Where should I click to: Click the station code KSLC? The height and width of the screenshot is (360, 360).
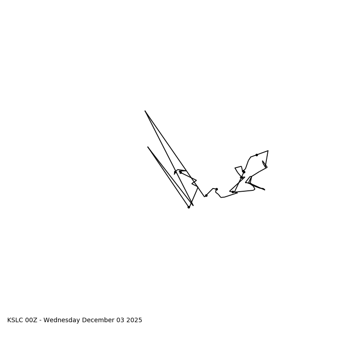[15, 320]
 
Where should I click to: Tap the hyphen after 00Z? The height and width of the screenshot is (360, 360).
[40, 320]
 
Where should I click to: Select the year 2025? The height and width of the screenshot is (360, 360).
[134, 320]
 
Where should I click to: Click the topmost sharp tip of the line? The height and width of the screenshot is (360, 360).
[145, 111]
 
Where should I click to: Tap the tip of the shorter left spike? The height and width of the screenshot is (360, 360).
[148, 147]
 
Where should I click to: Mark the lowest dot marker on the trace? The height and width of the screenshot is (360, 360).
[189, 207]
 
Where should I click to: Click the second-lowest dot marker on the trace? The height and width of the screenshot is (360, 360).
[206, 195]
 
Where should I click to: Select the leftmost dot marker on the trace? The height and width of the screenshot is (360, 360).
[175, 172]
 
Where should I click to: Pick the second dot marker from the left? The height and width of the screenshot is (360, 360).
[180, 172]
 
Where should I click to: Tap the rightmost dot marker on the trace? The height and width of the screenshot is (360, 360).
[256, 155]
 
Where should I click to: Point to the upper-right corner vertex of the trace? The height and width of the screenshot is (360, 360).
[268, 151]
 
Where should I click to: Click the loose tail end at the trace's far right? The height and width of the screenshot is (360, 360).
[265, 190]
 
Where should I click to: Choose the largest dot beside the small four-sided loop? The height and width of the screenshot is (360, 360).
[243, 171]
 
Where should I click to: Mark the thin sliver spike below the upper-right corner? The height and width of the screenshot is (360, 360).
[264, 163]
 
